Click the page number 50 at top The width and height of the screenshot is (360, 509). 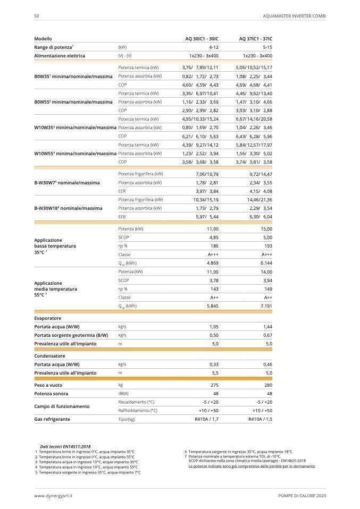(37, 16)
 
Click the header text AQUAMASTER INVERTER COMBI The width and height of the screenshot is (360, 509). (294, 16)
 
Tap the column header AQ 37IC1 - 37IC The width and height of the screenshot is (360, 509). (255, 39)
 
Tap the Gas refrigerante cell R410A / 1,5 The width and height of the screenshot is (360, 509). (260, 419)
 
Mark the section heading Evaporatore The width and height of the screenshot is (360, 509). (48, 318)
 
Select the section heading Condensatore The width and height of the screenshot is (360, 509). (50, 355)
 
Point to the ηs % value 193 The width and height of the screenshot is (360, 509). (268, 245)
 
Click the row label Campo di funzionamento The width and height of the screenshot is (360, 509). (62, 406)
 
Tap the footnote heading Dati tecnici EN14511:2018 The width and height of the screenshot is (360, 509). (65, 447)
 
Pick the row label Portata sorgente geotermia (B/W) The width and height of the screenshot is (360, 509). (71, 335)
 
